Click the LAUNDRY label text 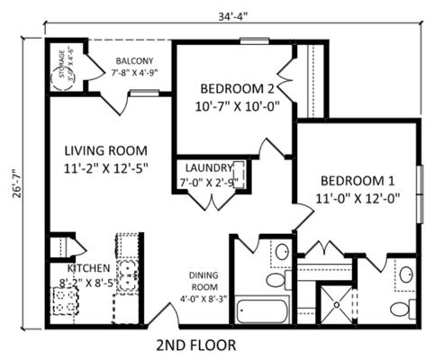(x=210, y=167)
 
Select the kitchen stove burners (x=66, y=301)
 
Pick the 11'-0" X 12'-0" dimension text (x=358, y=195)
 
